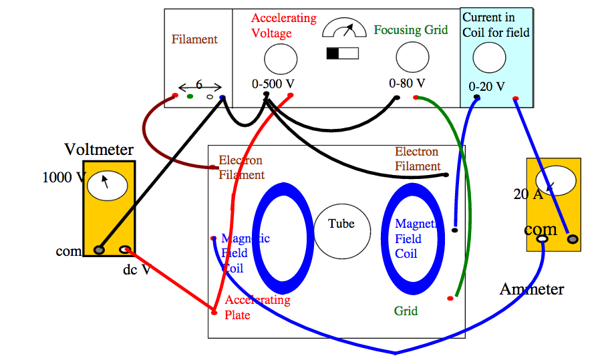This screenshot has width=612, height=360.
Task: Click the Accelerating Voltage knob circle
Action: tap(281, 59)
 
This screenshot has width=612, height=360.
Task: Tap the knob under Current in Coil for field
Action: tap(489, 57)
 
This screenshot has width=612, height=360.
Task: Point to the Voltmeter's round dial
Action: tap(108, 186)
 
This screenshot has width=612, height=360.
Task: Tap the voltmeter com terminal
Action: tap(100, 250)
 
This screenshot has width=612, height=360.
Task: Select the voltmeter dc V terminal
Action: tap(124, 250)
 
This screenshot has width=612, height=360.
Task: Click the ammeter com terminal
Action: tap(543, 238)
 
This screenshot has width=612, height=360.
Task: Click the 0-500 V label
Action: tap(273, 84)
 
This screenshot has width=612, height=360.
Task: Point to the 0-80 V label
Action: tap(407, 83)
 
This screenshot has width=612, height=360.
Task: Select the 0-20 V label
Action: tap(486, 85)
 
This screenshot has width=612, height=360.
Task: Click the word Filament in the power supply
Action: tap(194, 39)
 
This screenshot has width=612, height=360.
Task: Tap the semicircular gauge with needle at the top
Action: tap(344, 29)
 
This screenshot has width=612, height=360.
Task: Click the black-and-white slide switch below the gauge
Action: tap(342, 53)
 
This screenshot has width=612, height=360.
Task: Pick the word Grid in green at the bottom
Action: tap(406, 311)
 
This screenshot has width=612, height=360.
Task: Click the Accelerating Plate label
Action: tap(257, 307)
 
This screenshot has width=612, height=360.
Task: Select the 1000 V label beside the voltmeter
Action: tap(63, 178)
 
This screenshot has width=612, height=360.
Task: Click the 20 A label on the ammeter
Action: tap(528, 195)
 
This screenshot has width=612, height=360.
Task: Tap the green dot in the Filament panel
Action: tap(190, 97)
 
